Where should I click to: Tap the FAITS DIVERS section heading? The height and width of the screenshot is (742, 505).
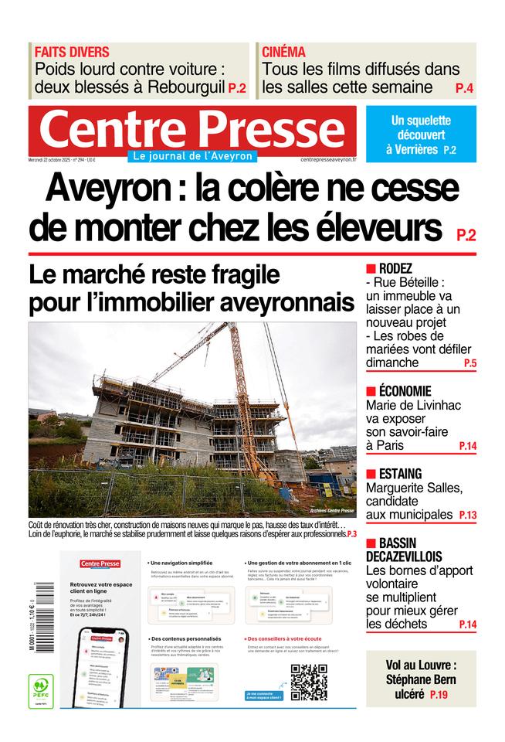tap(72, 52)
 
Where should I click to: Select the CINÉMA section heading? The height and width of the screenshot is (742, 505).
tap(283, 52)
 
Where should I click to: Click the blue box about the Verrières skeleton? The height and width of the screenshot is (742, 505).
tap(421, 134)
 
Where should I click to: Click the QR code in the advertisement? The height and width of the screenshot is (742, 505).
tap(308, 682)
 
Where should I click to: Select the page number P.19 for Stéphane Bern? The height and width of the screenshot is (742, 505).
tap(439, 694)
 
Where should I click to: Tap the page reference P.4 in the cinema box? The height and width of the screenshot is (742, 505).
tap(464, 88)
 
